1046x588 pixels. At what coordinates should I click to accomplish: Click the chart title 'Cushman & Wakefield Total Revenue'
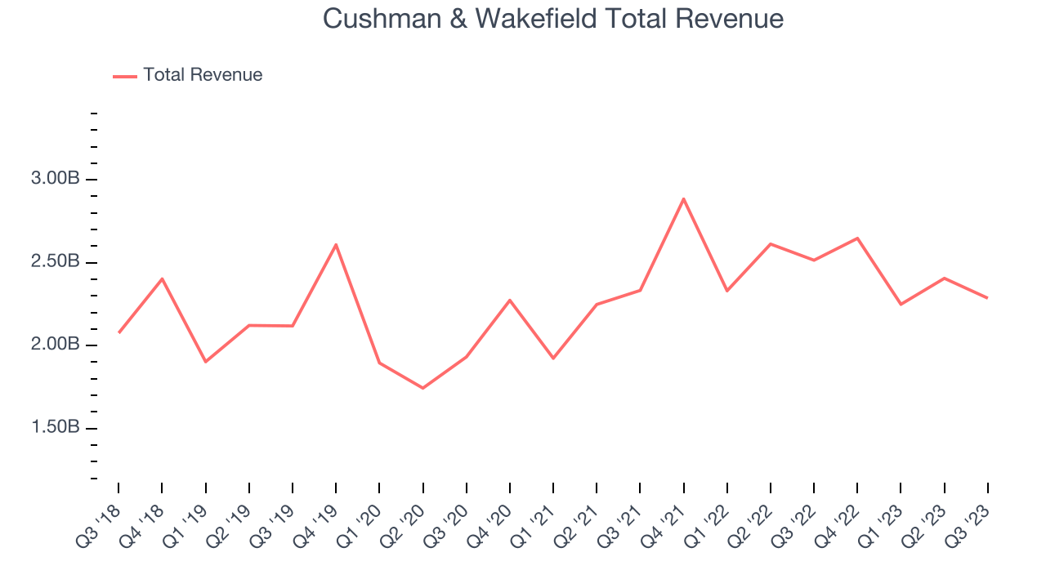tap(553, 18)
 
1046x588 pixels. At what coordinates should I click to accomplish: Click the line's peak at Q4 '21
tap(683, 198)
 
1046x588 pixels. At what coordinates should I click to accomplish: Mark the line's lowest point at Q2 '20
tap(422, 388)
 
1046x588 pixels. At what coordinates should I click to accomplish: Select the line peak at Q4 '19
tap(336, 244)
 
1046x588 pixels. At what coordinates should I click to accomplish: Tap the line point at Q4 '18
tap(162, 278)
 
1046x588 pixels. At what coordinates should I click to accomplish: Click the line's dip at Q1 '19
tap(205, 361)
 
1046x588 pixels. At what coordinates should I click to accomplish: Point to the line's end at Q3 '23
tap(987, 298)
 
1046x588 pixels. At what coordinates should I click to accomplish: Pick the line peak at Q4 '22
tap(857, 238)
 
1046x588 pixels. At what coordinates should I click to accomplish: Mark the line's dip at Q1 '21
tap(553, 358)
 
